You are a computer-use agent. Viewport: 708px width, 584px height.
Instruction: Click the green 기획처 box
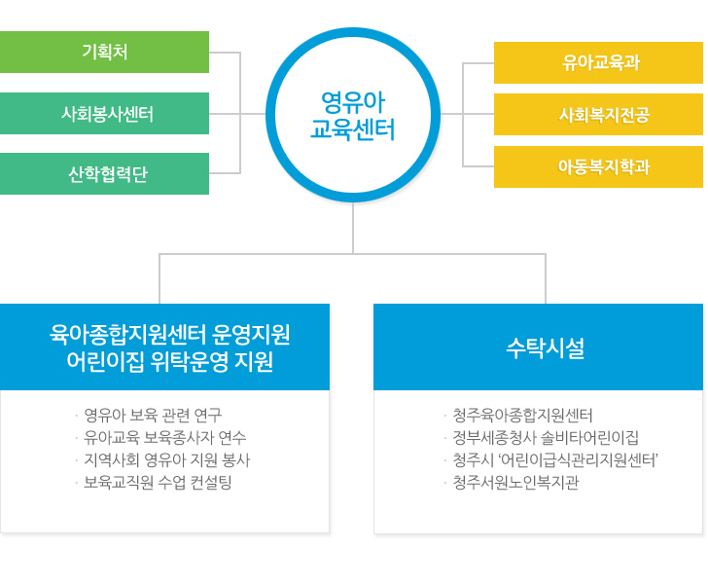click(x=104, y=52)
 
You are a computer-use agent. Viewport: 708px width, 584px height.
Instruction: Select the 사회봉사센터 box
click(x=104, y=114)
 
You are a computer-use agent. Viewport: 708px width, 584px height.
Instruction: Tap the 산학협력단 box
click(x=104, y=174)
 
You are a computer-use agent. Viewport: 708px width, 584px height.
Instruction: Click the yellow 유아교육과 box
click(x=598, y=63)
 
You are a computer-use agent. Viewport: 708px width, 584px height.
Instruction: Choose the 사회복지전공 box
click(x=598, y=114)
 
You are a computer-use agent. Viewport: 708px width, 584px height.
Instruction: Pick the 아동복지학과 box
click(x=598, y=166)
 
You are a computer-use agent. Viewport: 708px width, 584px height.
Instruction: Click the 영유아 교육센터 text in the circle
click(x=353, y=116)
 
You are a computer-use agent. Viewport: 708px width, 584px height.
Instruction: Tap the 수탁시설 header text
click(x=546, y=348)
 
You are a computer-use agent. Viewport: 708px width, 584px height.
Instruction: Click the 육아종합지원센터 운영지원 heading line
click(x=170, y=335)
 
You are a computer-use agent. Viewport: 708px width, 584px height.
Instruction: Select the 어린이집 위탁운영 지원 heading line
click(x=170, y=362)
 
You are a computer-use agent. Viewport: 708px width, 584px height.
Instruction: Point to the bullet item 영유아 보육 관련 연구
click(x=153, y=415)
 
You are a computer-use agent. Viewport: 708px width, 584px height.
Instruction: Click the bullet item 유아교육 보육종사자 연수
click(x=164, y=438)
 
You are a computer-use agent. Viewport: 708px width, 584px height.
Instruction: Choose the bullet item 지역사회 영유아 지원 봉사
click(x=166, y=460)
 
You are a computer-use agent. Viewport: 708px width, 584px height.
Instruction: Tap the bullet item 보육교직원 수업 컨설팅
click(x=158, y=483)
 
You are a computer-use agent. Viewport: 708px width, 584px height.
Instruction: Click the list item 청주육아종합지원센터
click(x=522, y=415)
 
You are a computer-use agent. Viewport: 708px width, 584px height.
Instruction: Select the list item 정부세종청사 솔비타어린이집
click(x=546, y=438)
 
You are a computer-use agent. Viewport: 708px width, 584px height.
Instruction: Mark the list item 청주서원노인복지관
click(x=515, y=483)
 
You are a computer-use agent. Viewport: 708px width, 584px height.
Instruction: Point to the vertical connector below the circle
click(x=353, y=228)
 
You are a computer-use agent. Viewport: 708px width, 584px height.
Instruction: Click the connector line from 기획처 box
click(x=225, y=53)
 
